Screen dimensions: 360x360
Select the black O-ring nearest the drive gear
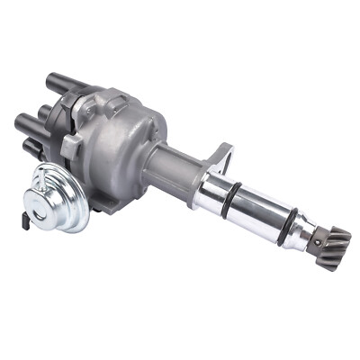click(x=286, y=222)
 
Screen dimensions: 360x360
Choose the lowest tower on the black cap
click(x=31, y=145)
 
